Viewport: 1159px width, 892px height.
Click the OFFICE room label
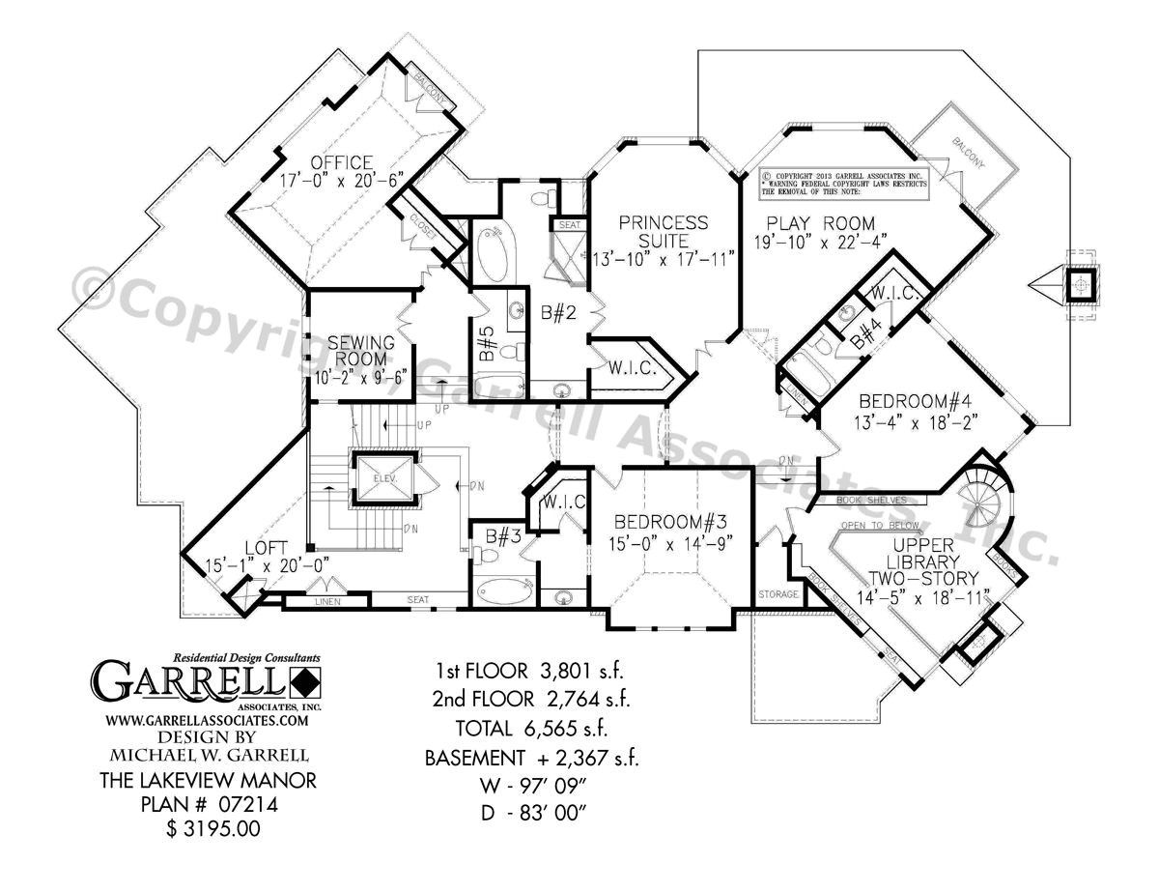pyautogui.click(x=340, y=160)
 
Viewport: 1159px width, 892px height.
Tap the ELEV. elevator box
pyautogui.click(x=384, y=479)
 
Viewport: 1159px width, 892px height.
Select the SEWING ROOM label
pyautogui.click(x=360, y=351)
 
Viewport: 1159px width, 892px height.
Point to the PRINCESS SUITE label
pyautogui.click(x=665, y=231)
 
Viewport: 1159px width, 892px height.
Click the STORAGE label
pyautogui.click(x=778, y=594)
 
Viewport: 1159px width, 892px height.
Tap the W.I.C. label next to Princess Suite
pyautogui.click(x=633, y=368)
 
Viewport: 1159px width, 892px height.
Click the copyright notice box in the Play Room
pyautogui.click(x=843, y=181)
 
